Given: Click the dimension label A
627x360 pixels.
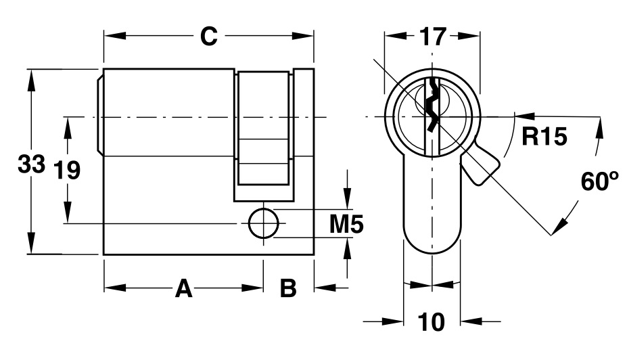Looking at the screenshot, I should (x=183, y=289).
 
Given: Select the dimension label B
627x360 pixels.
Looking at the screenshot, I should (x=288, y=289).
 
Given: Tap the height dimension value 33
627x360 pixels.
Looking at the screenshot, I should (x=31, y=164).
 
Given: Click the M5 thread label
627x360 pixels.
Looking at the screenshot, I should (x=346, y=224).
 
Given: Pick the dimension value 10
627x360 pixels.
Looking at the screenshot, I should (x=432, y=322).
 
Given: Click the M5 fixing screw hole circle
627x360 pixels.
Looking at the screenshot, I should (x=263, y=223).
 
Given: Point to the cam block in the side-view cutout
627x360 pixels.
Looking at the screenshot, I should (x=264, y=129).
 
